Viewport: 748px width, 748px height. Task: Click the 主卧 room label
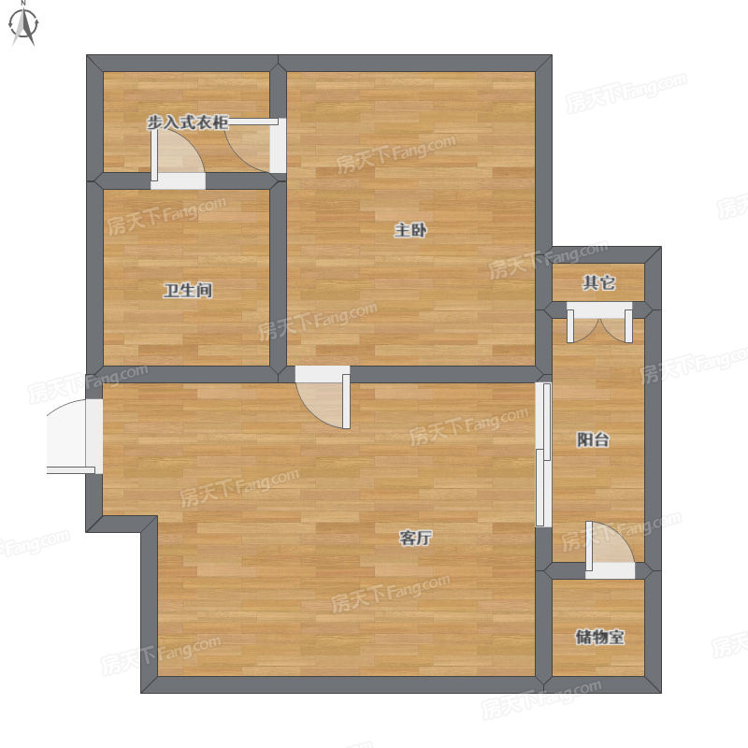pyautogui.click(x=410, y=230)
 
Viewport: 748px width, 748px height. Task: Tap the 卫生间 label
pyautogui.click(x=188, y=290)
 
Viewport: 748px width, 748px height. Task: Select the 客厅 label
pyautogui.click(x=415, y=539)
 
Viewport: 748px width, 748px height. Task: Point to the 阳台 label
pyautogui.click(x=593, y=439)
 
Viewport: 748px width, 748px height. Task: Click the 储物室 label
pyautogui.click(x=599, y=637)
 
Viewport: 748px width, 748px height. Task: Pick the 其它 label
pyautogui.click(x=598, y=283)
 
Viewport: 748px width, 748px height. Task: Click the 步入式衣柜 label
pyautogui.click(x=188, y=122)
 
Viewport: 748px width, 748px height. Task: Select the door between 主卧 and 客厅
pyautogui.click(x=323, y=396)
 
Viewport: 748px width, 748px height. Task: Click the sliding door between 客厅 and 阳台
pyautogui.click(x=543, y=454)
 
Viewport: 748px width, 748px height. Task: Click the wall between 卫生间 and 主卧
pyautogui.click(x=278, y=278)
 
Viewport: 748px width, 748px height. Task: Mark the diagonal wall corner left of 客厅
pyautogui.click(x=150, y=524)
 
